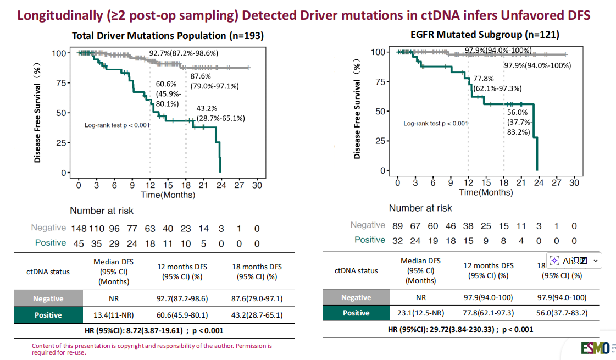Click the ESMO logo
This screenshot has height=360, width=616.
[x=596, y=348]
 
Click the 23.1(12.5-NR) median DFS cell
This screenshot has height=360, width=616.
[x=420, y=313]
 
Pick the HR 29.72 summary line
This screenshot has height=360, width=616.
[x=460, y=329]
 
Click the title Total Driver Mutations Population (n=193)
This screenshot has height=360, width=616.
[x=168, y=36]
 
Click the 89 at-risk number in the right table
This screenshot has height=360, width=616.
[x=398, y=225]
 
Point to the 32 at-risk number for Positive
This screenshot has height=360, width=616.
[x=398, y=240]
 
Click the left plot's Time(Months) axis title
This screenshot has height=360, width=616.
[x=168, y=195]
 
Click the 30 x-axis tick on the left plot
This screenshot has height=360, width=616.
[x=257, y=185]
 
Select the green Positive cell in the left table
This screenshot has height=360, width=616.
[x=48, y=315]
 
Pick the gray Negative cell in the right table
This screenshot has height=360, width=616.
[x=356, y=297]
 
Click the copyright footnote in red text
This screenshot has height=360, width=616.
[x=152, y=349]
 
